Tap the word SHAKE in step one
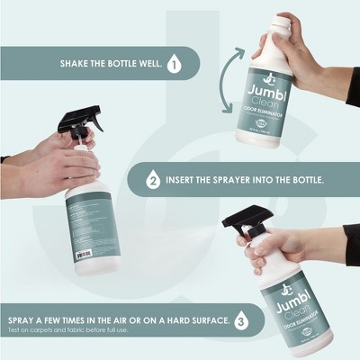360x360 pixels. pyautogui.click(x=76, y=65)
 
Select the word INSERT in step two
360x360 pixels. pyautogui.click(x=185, y=179)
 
